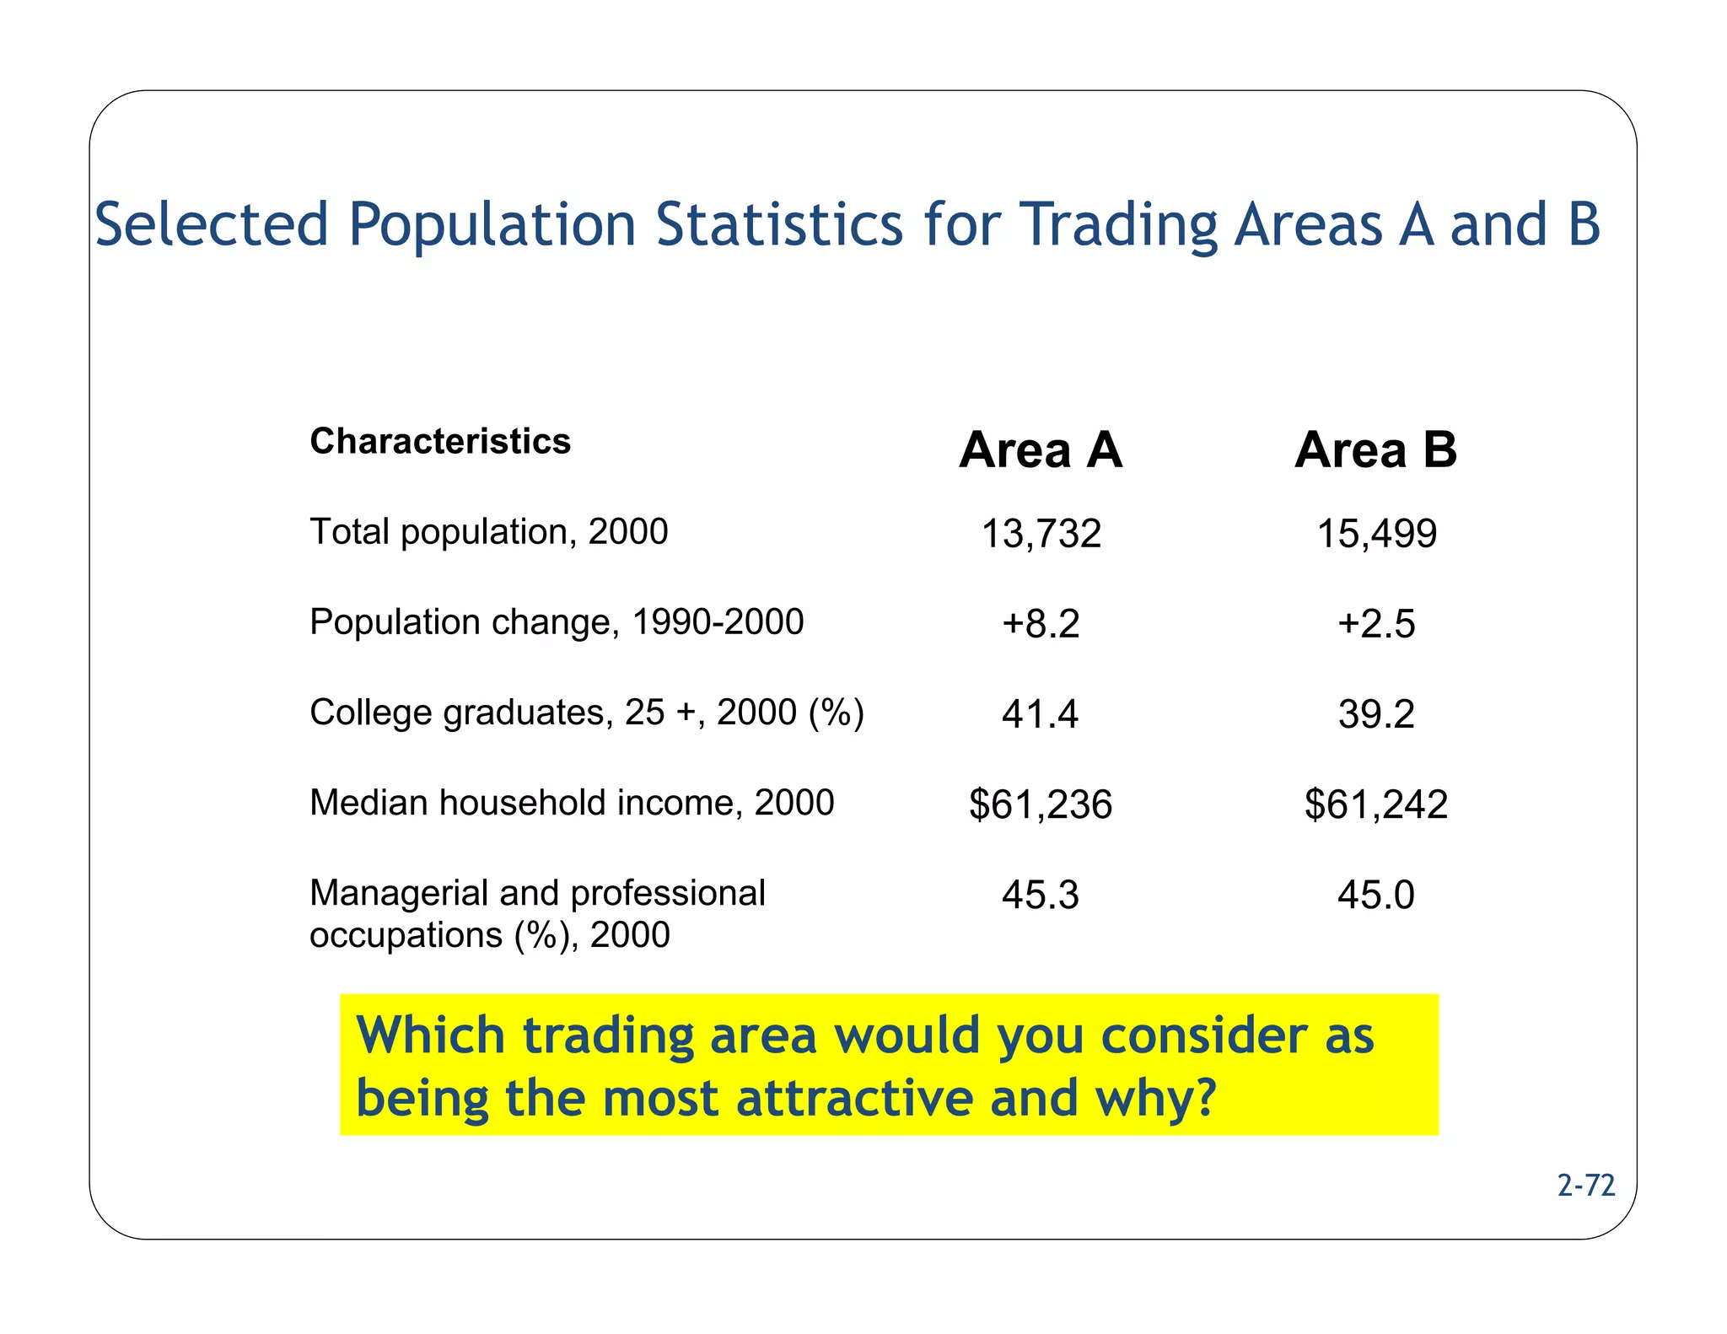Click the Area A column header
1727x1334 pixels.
pos(1041,449)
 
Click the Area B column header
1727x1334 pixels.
pos(1375,449)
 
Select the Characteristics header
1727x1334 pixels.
pos(440,441)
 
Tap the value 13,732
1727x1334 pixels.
pos(1041,534)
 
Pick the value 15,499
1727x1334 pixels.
pos(1376,534)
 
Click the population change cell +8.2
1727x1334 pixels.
pos(1041,624)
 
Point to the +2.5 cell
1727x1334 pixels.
pos(1376,624)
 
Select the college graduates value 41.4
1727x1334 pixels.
pos(1040,714)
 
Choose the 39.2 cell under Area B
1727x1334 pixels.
pos(1376,714)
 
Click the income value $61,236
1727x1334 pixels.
pos(1041,804)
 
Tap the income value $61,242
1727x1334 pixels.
pos(1376,804)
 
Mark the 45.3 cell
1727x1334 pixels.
pos(1040,895)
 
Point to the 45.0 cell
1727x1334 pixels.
pos(1375,895)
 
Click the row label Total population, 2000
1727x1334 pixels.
pos(488,532)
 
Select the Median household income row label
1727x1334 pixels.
pos(572,803)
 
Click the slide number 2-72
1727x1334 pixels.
pos(1585,1186)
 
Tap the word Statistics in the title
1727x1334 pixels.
pos(779,224)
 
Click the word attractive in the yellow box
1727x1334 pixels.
pos(854,1098)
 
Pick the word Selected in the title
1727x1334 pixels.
pos(212,224)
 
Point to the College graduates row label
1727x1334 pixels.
pos(587,713)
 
